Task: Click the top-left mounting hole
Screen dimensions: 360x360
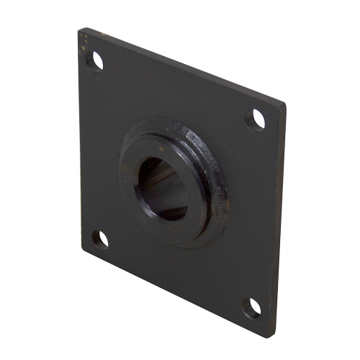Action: point(94,61)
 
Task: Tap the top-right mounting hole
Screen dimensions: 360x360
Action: point(255,119)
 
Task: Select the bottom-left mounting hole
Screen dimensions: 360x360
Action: point(100,239)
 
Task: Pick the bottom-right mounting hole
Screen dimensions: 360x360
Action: point(251,308)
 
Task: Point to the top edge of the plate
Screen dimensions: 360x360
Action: point(180,66)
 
